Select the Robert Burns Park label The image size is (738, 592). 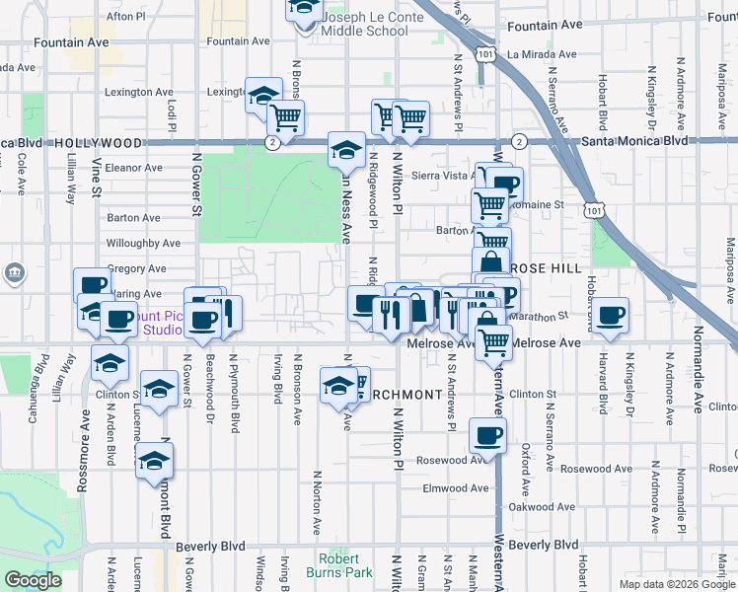[x=345, y=564]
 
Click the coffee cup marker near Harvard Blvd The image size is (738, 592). [x=612, y=315]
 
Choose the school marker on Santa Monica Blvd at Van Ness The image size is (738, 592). [x=345, y=150]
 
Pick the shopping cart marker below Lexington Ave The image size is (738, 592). [x=285, y=117]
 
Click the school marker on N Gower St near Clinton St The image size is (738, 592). [x=158, y=388]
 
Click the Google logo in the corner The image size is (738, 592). [x=33, y=580]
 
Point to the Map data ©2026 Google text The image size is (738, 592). [x=677, y=584]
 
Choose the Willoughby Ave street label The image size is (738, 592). [x=143, y=243]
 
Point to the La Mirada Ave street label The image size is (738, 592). [x=541, y=55]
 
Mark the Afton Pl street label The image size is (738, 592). [x=125, y=17]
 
